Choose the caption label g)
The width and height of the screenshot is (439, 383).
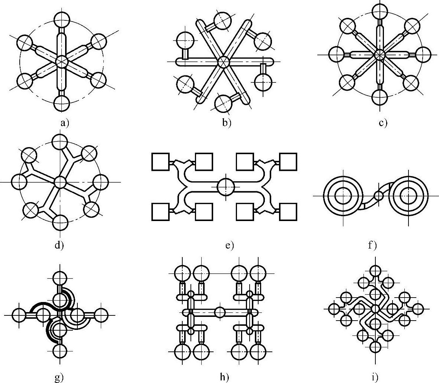point(59,378)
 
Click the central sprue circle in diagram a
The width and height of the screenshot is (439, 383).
point(61,61)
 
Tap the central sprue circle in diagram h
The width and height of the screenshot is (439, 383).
point(220,312)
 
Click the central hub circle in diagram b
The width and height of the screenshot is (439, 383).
point(223,62)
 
